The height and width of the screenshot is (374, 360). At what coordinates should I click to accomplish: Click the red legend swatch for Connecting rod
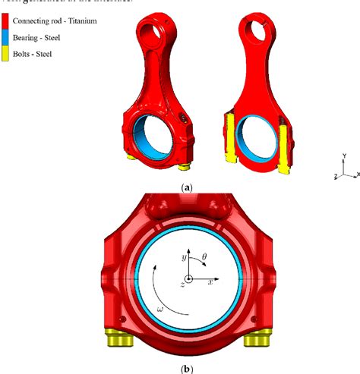tap(6, 22)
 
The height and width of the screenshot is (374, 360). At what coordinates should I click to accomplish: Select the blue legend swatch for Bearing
tap(6, 36)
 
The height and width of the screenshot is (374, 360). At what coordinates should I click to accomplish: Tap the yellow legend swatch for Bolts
tap(6, 51)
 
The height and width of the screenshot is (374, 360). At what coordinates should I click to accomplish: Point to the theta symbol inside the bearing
tap(204, 258)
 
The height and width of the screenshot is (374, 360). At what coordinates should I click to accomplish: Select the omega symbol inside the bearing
tap(159, 309)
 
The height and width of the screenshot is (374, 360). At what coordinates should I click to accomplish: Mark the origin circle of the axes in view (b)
tap(188, 279)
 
